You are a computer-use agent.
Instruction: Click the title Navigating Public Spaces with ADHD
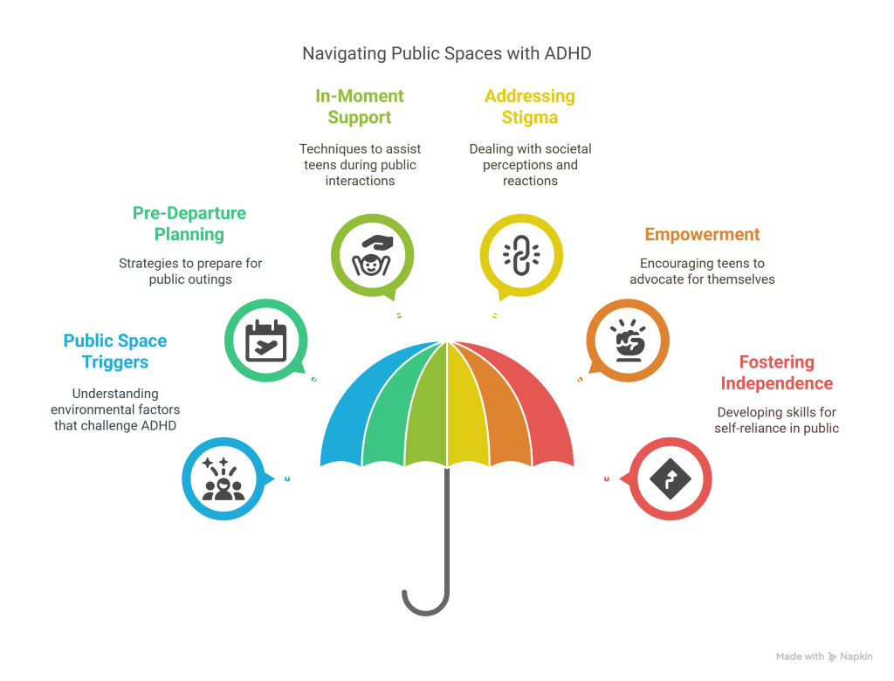(x=446, y=54)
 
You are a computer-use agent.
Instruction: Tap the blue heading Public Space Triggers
(x=114, y=351)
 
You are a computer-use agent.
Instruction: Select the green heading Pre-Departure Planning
(x=189, y=223)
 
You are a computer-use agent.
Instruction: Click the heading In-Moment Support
(x=359, y=107)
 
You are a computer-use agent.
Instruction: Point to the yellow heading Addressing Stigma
(x=530, y=107)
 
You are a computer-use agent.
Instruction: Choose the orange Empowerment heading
(x=702, y=235)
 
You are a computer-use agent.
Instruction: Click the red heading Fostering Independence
(x=775, y=373)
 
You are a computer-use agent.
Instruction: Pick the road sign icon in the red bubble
(x=670, y=479)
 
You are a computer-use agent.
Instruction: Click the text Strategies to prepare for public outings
(x=189, y=271)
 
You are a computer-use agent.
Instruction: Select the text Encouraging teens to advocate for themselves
(x=702, y=271)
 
